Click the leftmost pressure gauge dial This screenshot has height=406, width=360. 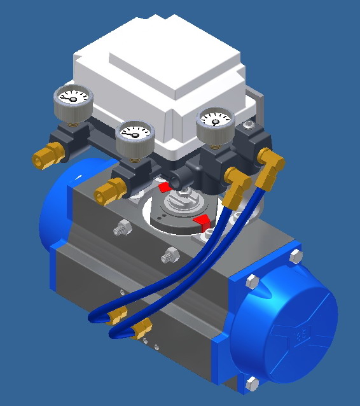pos(71,99)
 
